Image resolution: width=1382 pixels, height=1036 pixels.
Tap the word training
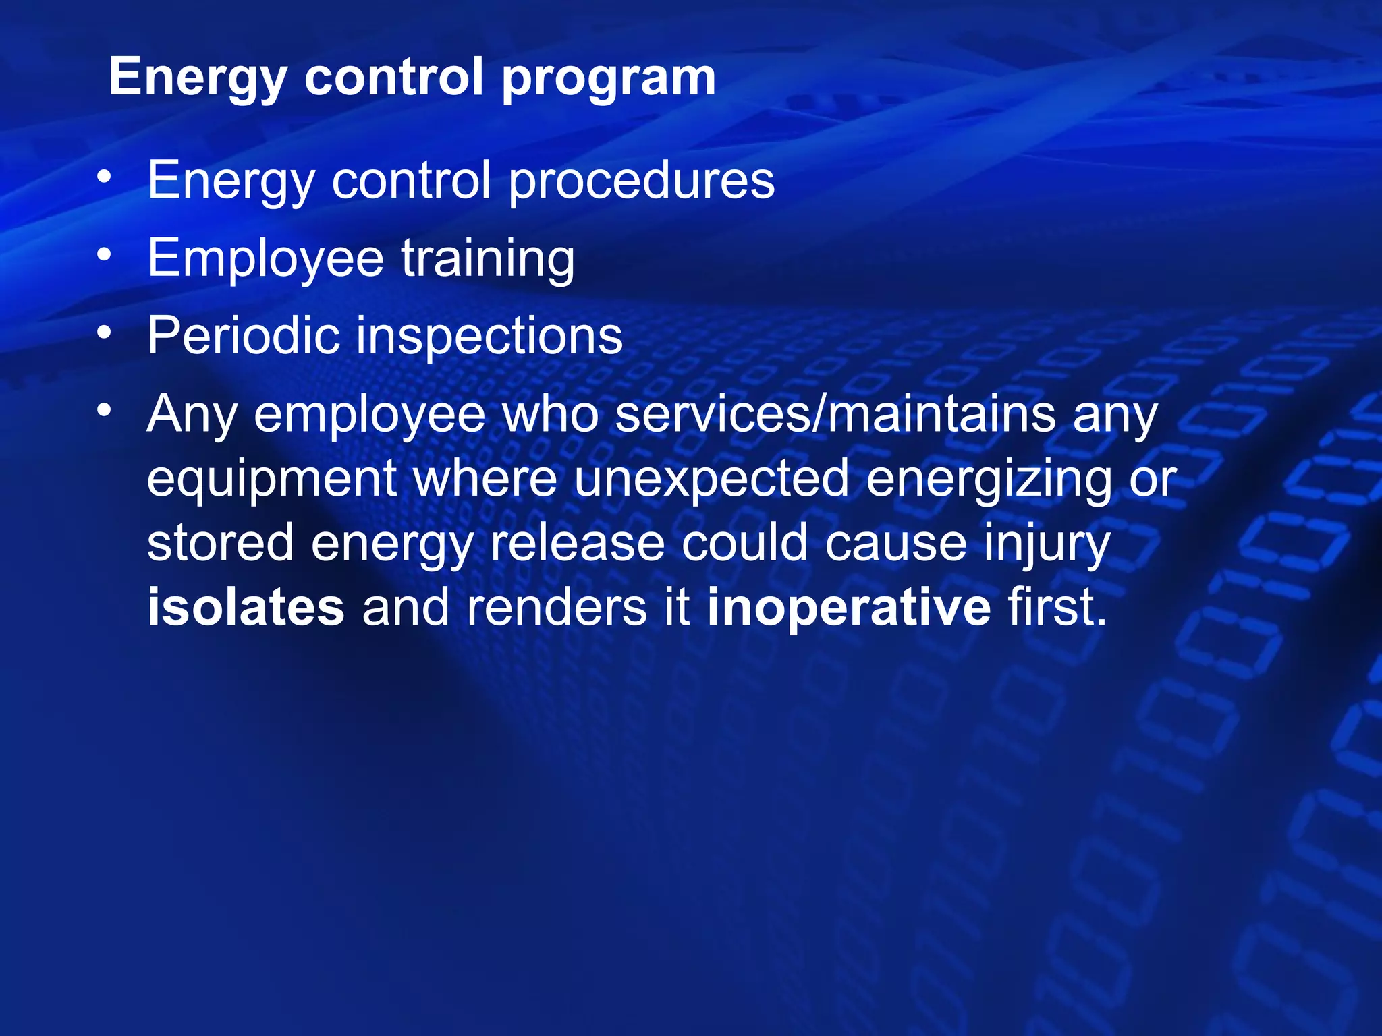pos(488,259)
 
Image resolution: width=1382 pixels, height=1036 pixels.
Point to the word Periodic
pos(243,336)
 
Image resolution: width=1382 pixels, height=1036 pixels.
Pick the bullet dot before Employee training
pos(104,255)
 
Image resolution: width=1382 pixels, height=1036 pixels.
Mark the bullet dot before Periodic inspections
pos(104,333)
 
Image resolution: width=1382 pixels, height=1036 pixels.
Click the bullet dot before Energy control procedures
pos(104,177)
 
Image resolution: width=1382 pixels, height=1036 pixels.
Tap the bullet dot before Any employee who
pos(104,409)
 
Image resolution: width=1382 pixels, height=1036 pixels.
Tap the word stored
pos(220,543)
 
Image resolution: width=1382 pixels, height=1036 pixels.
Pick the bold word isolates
pos(246,607)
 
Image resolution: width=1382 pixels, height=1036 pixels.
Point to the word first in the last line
pos(1057,607)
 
